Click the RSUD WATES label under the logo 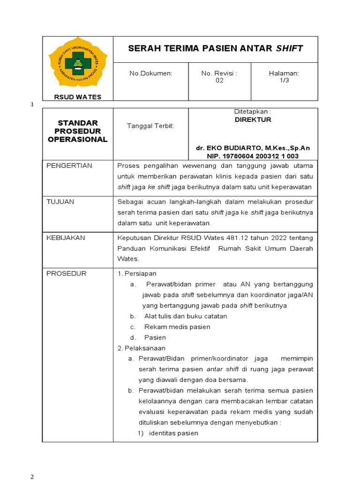pyautogui.click(x=77, y=97)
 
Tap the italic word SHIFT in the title pyautogui.click(x=289, y=48)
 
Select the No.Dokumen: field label pyautogui.click(x=150, y=74)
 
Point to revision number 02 pyautogui.click(x=219, y=81)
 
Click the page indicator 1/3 pyautogui.click(x=284, y=81)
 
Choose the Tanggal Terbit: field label pyautogui.click(x=150, y=127)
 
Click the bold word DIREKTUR pyautogui.click(x=253, y=120)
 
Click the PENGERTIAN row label pyautogui.click(x=69, y=166)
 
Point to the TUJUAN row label pyautogui.click(x=60, y=202)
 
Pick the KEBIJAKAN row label pyautogui.click(x=66, y=238)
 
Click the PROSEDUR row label pyautogui.click(x=67, y=274)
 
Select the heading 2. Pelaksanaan pyautogui.click(x=141, y=348)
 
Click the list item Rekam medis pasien pyautogui.click(x=177, y=327)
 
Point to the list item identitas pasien pyautogui.click(x=173, y=433)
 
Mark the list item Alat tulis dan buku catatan pyautogui.click(x=185, y=316)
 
